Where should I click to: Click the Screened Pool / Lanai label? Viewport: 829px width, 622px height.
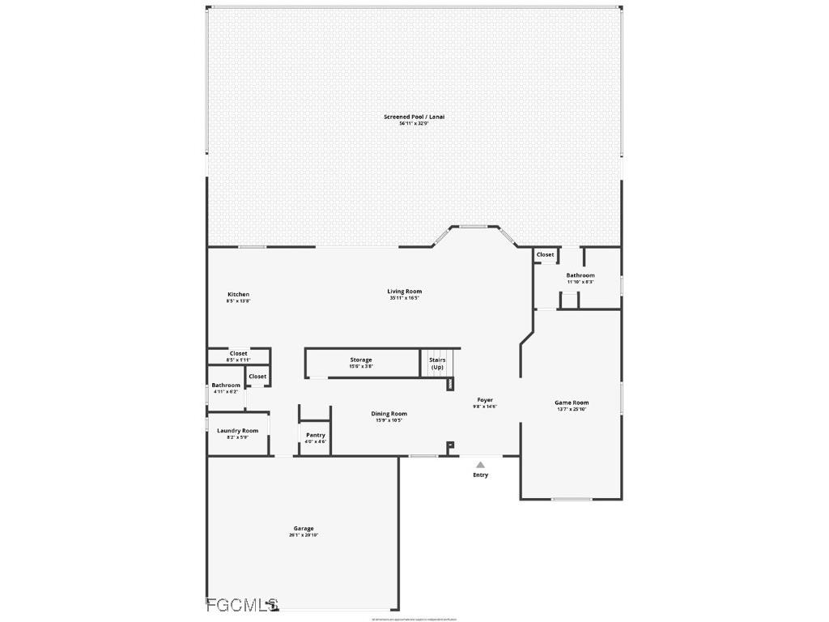click(414, 117)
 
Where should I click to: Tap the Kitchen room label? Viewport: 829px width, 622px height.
click(238, 294)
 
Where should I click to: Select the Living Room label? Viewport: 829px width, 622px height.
click(404, 292)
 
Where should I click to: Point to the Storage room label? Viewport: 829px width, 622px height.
click(361, 360)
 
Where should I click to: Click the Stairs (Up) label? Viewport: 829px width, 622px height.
click(437, 363)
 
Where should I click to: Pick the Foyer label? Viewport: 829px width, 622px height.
click(485, 400)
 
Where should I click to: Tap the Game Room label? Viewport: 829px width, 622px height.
click(572, 403)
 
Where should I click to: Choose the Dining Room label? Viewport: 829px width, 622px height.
click(389, 414)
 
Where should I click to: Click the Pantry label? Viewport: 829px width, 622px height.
click(316, 435)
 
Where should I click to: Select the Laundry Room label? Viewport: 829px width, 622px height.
click(238, 431)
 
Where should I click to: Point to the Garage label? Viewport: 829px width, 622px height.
click(304, 529)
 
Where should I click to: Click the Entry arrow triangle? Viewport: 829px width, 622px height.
click(480, 465)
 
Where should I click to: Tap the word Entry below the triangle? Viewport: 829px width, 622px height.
click(480, 475)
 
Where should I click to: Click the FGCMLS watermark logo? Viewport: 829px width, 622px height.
click(242, 604)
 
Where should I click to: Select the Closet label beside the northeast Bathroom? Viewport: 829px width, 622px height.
click(546, 254)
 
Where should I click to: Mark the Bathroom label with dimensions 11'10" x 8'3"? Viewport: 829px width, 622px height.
click(580, 275)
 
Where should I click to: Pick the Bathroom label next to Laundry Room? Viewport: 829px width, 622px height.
click(226, 386)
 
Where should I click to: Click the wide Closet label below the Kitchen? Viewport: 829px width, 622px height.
click(238, 353)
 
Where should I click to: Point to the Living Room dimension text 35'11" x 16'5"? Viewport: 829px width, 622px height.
click(404, 298)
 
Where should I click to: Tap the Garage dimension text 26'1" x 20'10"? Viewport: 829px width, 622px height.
click(304, 535)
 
